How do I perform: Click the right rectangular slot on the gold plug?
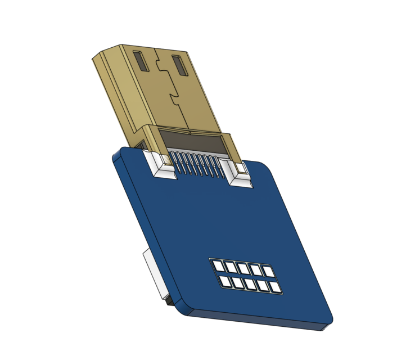(x=180, y=66)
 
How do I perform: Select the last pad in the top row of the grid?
(x=268, y=272)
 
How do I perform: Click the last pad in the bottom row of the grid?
(x=276, y=288)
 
